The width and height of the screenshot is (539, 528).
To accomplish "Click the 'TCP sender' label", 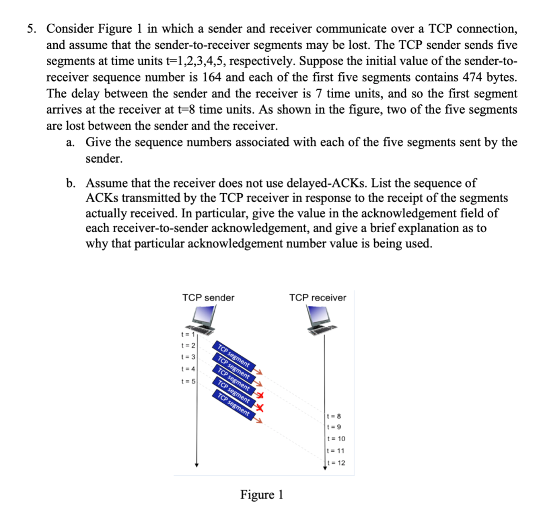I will [208, 298].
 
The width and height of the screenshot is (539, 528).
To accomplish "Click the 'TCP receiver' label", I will [317, 298].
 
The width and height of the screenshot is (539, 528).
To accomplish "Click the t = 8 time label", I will [334, 416].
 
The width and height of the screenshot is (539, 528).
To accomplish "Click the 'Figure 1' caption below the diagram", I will [262, 495].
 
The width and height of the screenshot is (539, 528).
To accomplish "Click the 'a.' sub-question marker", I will [72, 143].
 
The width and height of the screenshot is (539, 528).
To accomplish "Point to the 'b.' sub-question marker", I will [72, 183].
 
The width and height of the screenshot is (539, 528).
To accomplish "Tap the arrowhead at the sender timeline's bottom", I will [196, 464].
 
